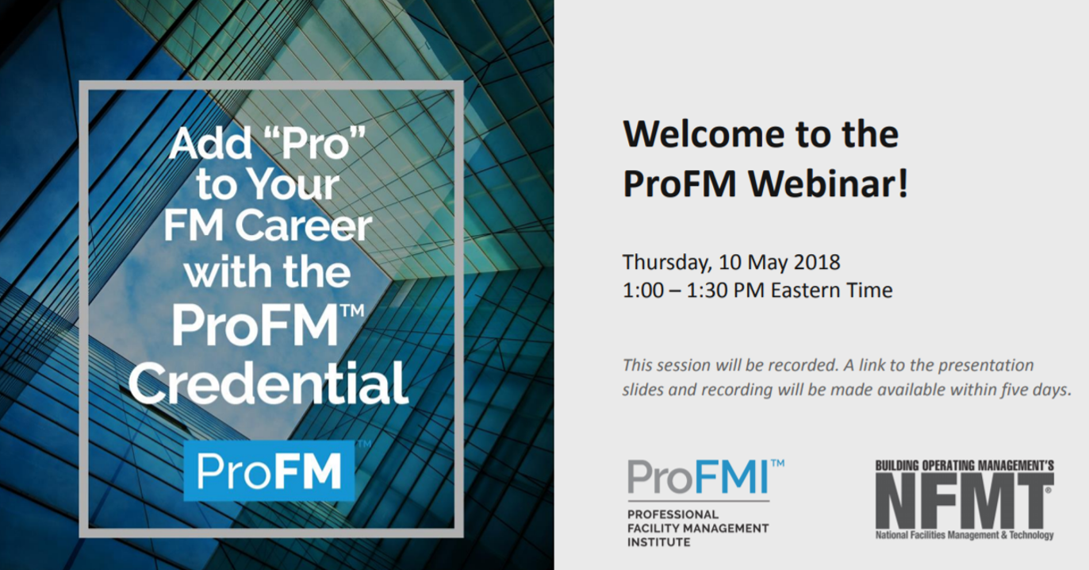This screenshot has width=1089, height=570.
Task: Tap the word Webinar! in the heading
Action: pyautogui.click(x=828, y=183)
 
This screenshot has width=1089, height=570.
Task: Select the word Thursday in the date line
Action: pyautogui.click(x=667, y=263)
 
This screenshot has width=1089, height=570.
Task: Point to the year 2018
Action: pyautogui.click(x=817, y=262)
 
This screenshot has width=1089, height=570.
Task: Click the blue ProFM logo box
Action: pyautogui.click(x=269, y=471)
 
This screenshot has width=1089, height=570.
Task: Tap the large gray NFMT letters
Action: pyautogui.click(x=964, y=501)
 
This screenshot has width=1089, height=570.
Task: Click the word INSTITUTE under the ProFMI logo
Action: pyautogui.click(x=659, y=542)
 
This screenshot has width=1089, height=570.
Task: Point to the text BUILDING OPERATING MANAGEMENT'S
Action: pyautogui.click(x=964, y=465)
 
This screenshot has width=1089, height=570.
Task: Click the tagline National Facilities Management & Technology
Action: pyautogui.click(x=964, y=535)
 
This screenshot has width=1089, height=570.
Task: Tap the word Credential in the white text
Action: pyautogui.click(x=268, y=383)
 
